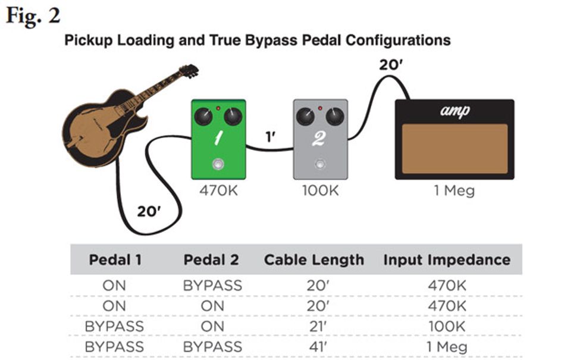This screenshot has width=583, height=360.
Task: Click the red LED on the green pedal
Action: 218,108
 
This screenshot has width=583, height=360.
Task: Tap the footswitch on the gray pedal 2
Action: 320,164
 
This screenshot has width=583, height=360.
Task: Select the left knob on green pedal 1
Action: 203,117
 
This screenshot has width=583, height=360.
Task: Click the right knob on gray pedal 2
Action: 334,117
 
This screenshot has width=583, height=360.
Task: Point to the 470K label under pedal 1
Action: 219,190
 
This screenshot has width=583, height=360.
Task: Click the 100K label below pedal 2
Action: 321,190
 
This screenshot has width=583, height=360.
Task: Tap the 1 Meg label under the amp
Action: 455,190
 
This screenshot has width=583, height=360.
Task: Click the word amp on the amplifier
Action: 455,111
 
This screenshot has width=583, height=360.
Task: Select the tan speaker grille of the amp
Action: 455,149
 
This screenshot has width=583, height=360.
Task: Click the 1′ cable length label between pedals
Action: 270,137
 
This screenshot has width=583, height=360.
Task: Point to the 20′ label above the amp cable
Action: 391,65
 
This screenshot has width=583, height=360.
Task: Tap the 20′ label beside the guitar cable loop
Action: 149,212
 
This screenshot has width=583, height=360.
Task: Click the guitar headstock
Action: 189,71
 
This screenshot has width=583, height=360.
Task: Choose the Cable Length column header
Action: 314,260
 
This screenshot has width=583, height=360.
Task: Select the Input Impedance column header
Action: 447,260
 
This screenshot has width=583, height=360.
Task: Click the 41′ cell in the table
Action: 317,347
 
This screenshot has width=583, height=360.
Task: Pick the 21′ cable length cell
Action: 317,327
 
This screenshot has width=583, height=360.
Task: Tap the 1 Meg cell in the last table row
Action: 447,347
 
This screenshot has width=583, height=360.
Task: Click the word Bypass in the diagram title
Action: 271,40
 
